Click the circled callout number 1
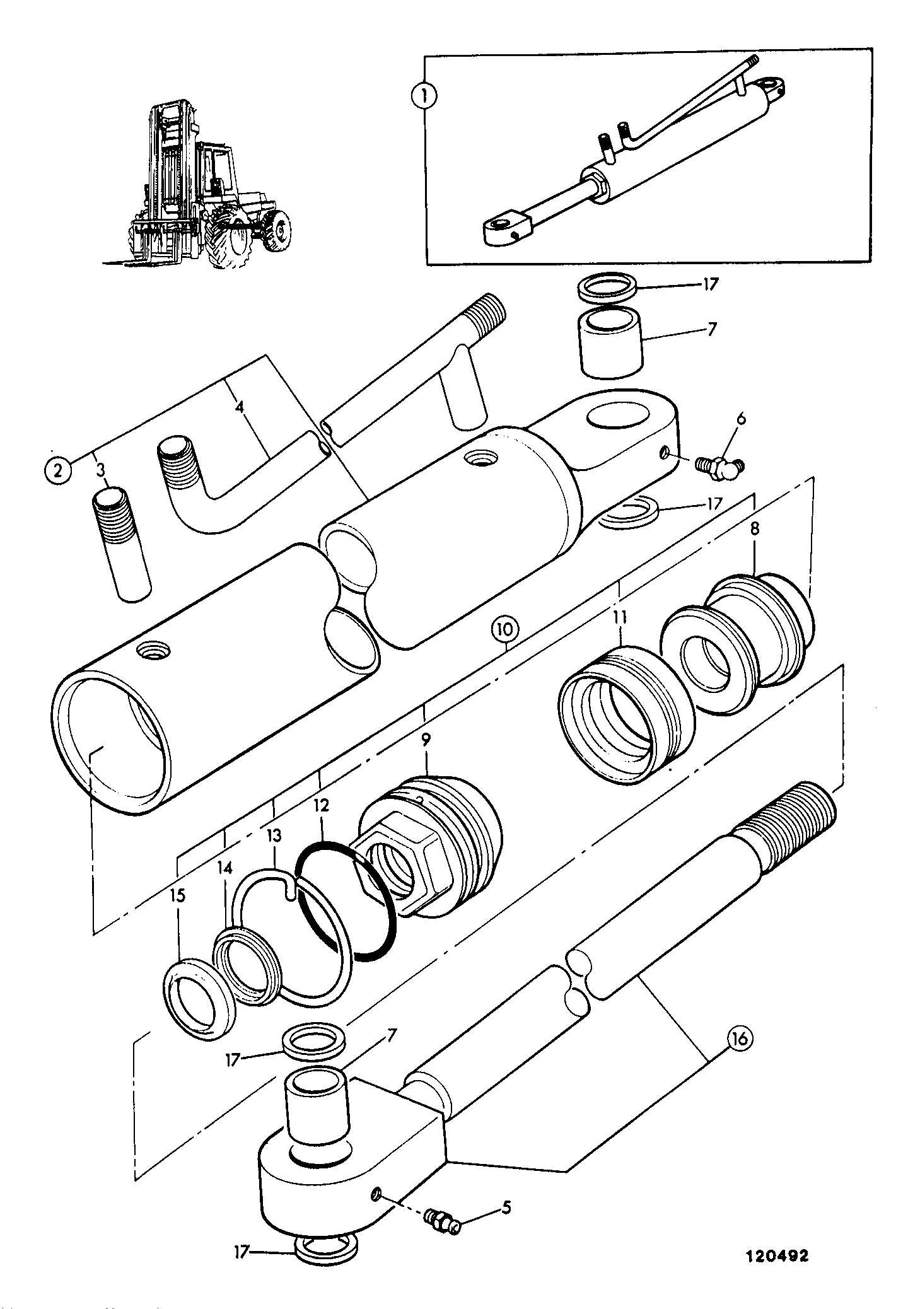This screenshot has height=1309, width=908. click(424, 96)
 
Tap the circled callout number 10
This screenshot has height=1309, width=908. click(507, 629)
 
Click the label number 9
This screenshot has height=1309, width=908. click(426, 742)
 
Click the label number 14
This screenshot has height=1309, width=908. click(225, 869)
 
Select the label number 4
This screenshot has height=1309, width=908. click(240, 407)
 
